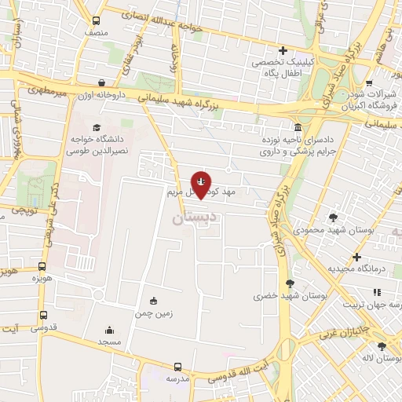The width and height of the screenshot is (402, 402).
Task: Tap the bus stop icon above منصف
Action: coord(96,21)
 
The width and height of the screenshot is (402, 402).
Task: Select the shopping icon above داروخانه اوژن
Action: coord(101,82)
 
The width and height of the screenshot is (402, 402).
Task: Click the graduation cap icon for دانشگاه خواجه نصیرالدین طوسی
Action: coord(97,127)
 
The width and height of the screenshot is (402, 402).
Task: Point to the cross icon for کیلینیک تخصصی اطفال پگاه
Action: coord(283,50)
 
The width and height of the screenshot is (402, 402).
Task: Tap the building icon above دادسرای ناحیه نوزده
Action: coord(297,127)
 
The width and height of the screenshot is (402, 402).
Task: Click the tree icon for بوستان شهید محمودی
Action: coord(334,217)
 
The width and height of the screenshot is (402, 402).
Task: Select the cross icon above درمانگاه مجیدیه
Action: coord(356,257)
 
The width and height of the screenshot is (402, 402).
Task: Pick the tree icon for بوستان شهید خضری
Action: coord(291,283)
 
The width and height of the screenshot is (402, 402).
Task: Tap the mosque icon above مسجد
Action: coord(109,330)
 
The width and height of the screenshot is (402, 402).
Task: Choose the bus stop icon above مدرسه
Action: coord(177,366)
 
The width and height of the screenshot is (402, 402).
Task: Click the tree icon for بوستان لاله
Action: coord(382,346)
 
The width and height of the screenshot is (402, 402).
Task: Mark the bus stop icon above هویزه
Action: coord(42,265)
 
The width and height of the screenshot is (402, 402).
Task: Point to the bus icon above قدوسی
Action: coord(42,316)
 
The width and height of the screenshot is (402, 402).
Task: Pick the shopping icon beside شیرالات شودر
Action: coord(369,82)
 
